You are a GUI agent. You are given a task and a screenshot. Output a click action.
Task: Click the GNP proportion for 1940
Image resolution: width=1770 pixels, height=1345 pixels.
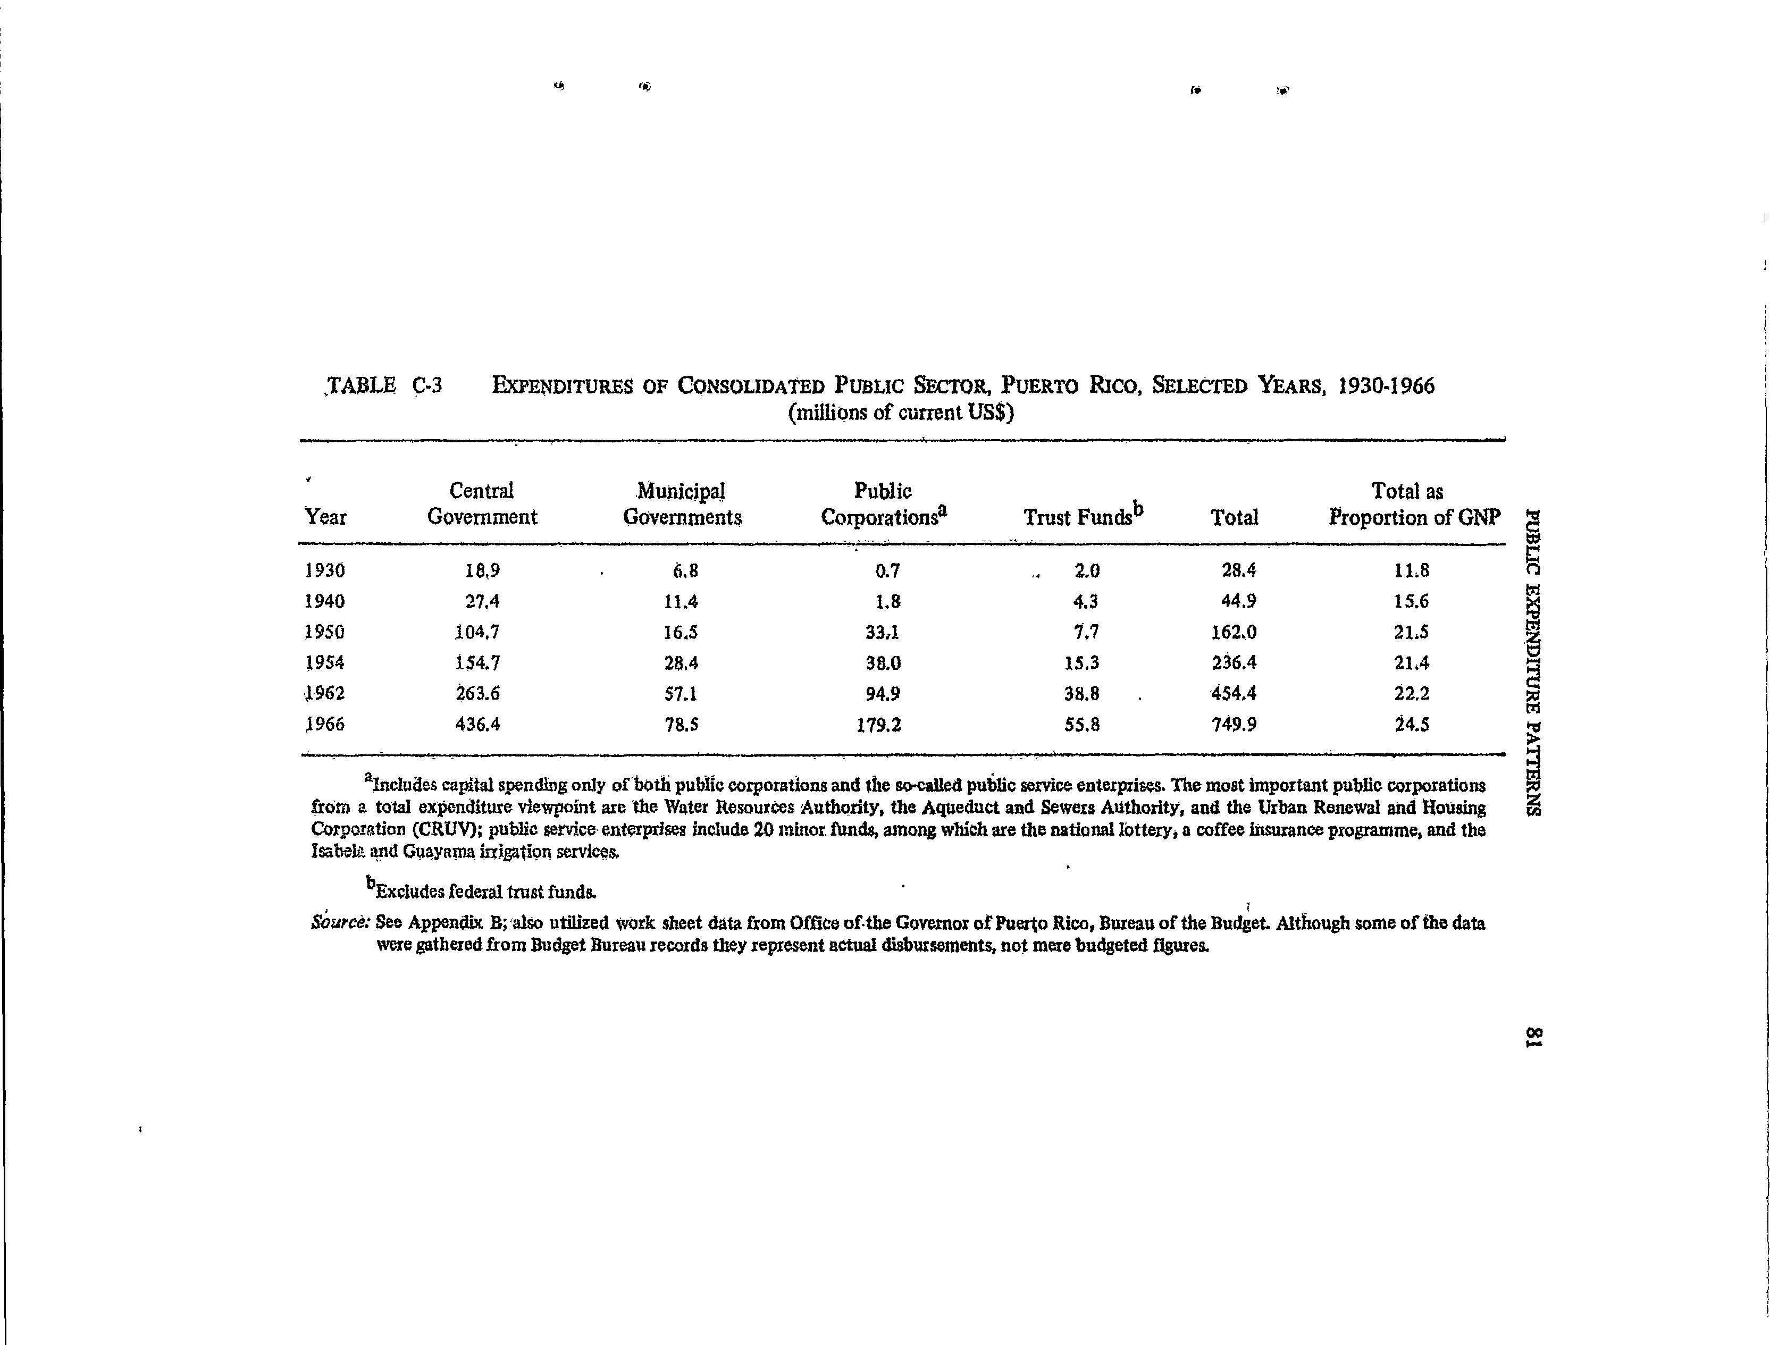[1411, 601]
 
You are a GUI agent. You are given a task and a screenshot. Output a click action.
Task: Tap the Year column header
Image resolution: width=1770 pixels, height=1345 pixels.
[326, 517]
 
